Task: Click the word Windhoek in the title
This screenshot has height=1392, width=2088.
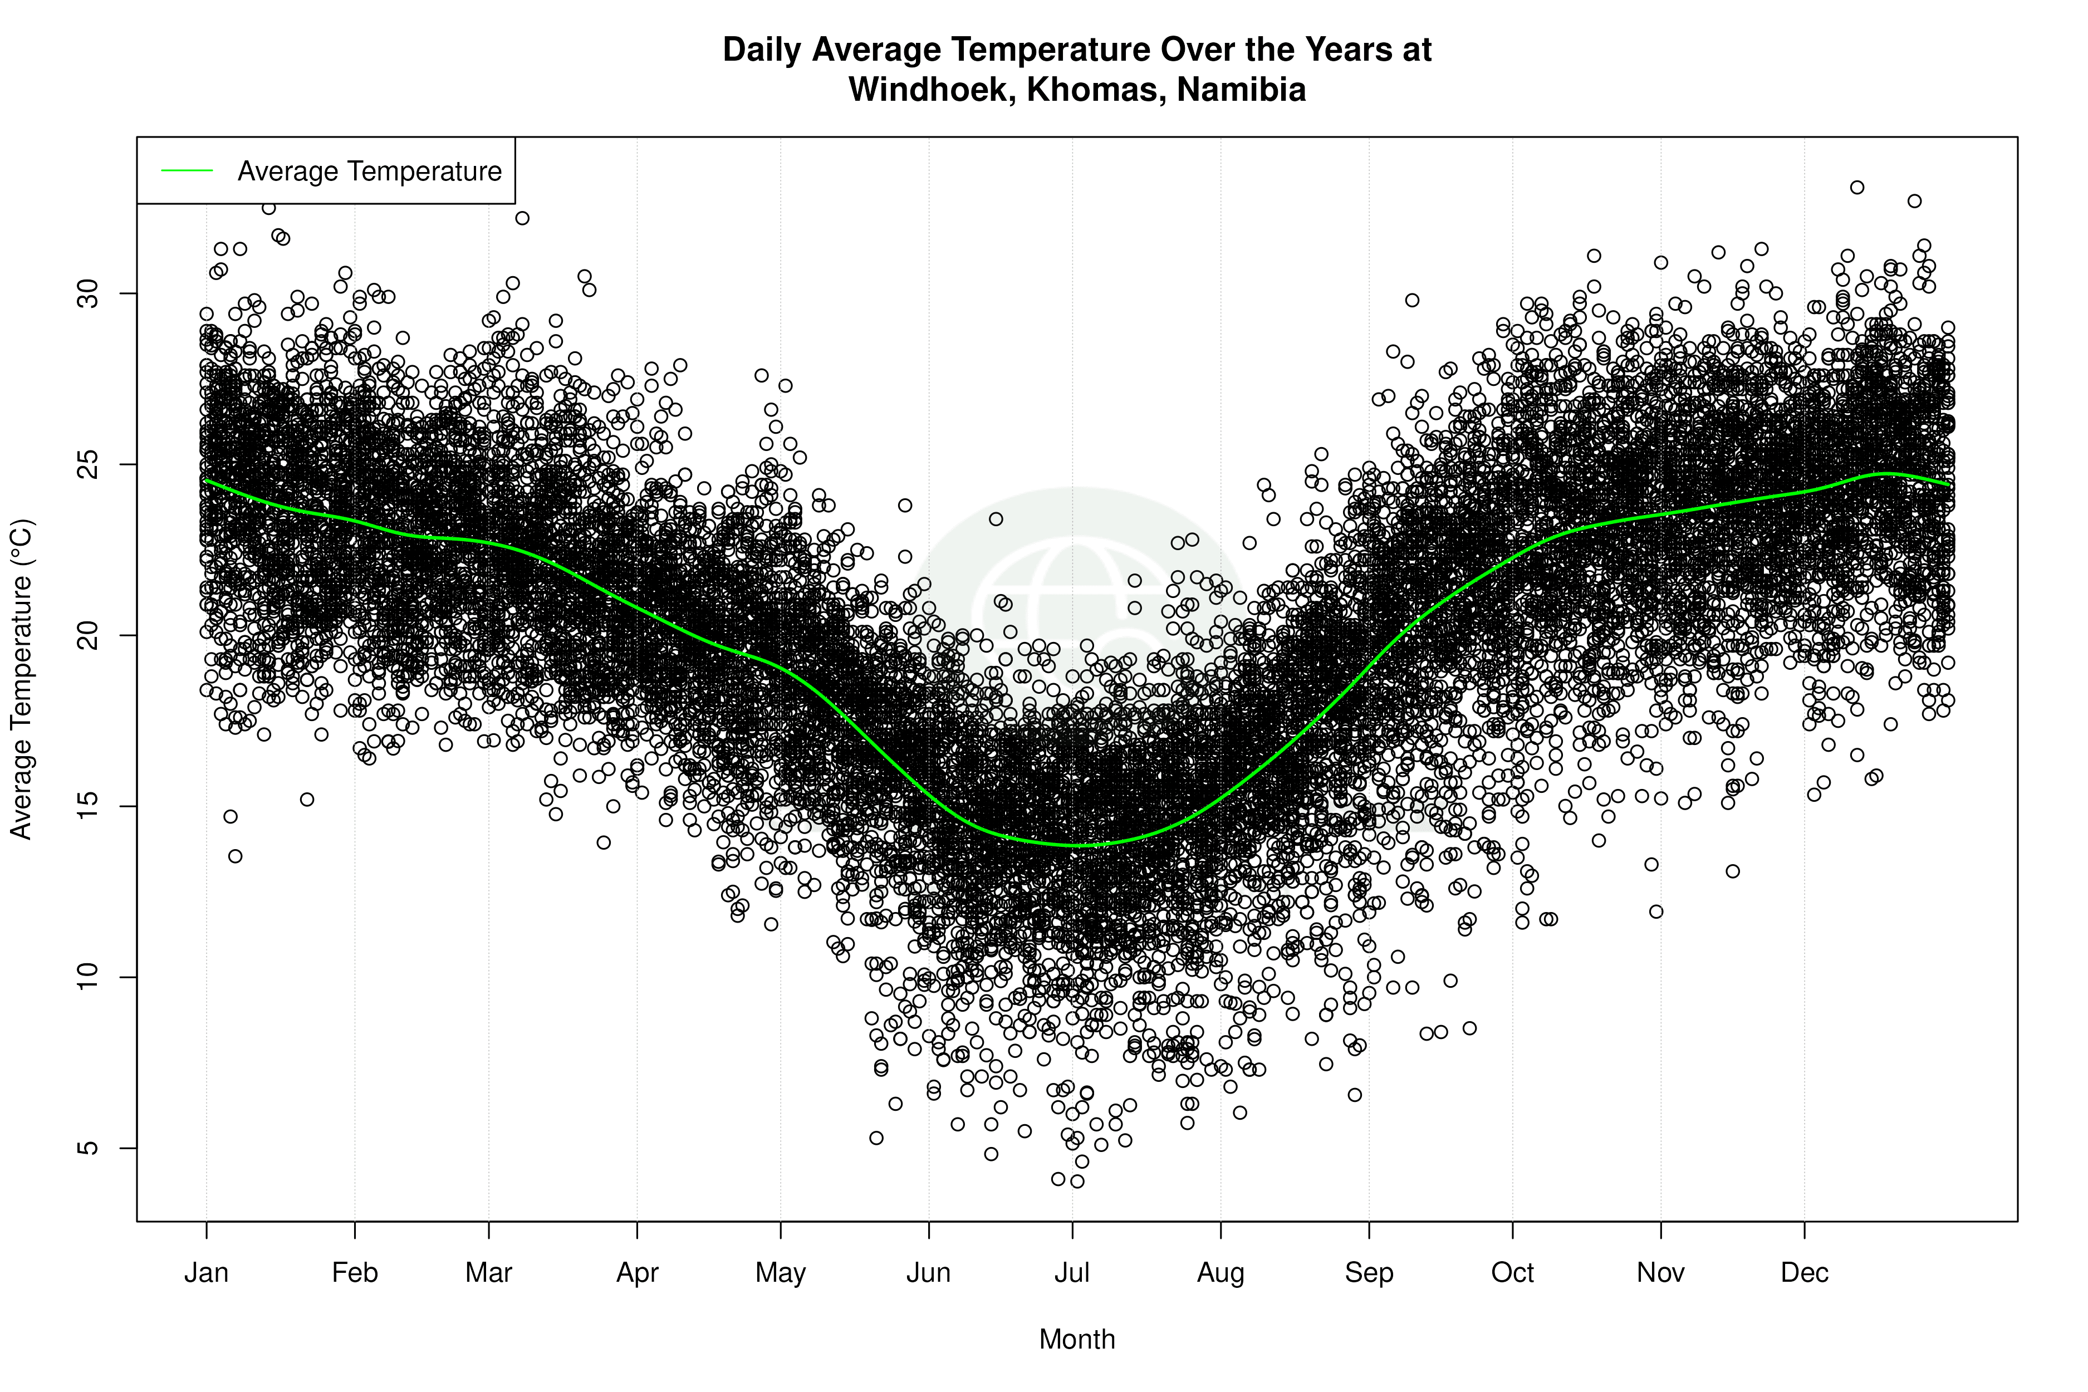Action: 932,90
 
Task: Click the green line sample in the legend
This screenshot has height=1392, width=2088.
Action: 187,170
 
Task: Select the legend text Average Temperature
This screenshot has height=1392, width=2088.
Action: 369,170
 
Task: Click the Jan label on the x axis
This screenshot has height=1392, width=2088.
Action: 206,1273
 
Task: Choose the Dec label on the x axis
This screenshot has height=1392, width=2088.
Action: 1804,1273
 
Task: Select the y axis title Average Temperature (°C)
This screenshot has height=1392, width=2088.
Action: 21,679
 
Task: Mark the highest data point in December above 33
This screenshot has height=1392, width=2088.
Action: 1856,187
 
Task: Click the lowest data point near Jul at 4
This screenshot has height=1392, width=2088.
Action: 1077,1181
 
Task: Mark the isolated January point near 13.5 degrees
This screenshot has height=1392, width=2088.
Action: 236,856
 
